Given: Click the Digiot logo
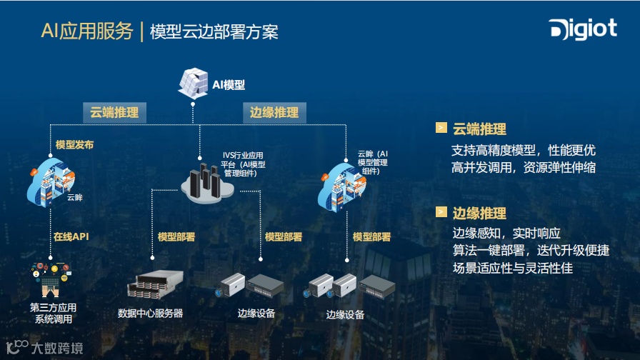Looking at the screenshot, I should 582,29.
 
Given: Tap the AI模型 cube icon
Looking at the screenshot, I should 192,83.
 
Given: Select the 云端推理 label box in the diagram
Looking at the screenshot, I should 114,113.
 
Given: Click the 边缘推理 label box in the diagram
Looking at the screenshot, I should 274,113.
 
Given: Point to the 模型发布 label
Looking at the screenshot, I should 74,144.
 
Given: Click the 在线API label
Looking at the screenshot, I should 71,236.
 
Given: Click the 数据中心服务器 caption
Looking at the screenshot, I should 150,313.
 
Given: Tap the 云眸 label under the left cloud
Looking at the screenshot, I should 75,198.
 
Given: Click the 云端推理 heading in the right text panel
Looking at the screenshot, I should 479,129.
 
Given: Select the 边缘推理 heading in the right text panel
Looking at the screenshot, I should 479,213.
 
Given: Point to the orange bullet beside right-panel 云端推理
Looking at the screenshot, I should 441,129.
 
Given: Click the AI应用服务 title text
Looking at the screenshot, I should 87,31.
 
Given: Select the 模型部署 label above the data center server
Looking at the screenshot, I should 176,236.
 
